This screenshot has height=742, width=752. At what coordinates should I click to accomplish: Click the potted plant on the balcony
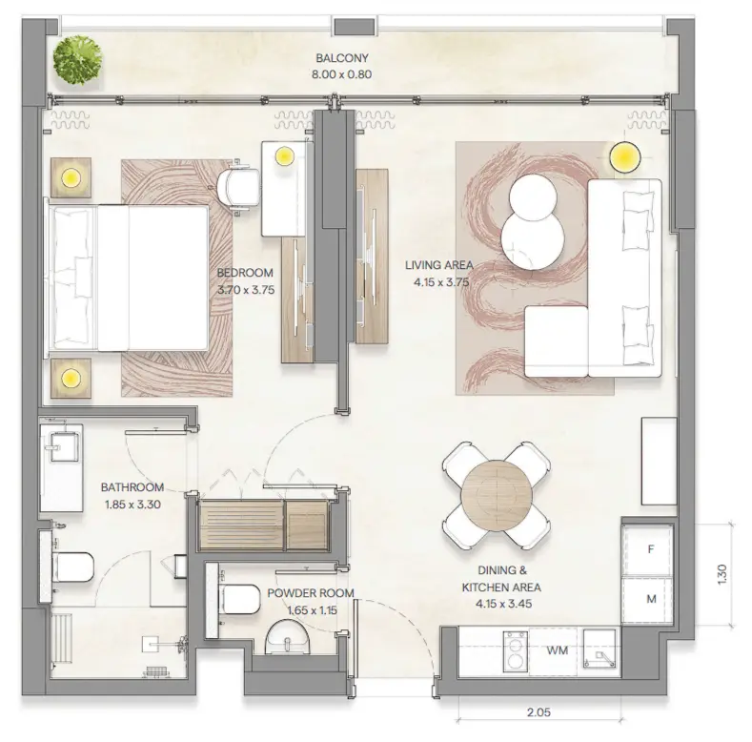tap(77, 59)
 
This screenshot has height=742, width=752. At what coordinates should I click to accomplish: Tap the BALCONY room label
tap(316, 57)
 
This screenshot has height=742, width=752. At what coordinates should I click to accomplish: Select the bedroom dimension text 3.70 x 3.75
tap(246, 290)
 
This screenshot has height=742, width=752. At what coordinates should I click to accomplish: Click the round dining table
tap(496, 493)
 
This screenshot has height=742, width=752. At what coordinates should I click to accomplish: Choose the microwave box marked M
tap(651, 599)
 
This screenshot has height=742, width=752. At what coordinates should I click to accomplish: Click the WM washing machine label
tap(559, 650)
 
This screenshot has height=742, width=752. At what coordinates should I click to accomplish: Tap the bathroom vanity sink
tap(63, 447)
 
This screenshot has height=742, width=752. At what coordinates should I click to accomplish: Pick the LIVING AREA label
tap(438, 266)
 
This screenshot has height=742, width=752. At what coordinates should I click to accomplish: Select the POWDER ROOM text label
tap(310, 592)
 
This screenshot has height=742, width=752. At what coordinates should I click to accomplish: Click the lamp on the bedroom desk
tap(283, 156)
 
